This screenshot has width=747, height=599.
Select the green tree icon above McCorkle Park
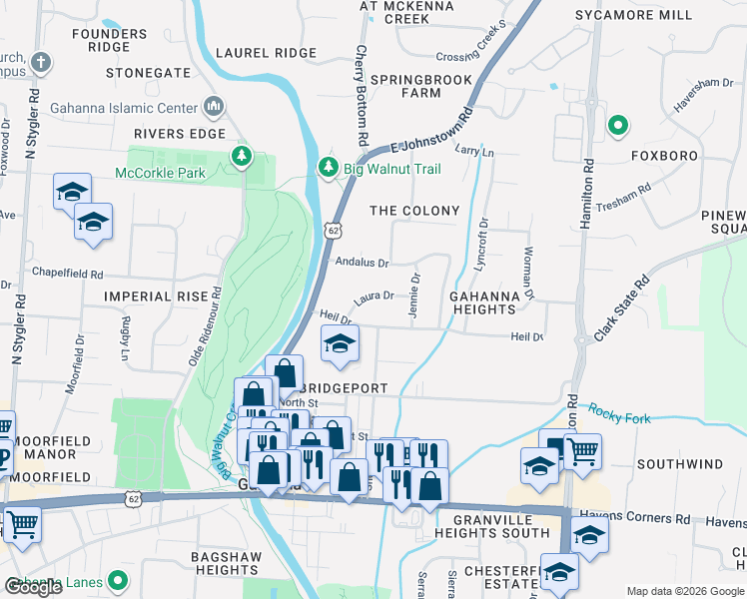tap(241, 156)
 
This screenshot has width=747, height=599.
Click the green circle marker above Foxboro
tap(618, 126)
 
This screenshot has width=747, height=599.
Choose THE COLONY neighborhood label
tap(414, 211)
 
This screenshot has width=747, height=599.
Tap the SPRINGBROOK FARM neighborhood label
tap(405, 85)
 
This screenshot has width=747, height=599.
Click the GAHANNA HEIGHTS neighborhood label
tap(481, 302)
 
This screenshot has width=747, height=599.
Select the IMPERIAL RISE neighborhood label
tap(155, 297)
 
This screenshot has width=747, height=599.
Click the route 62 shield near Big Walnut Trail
tap(331, 230)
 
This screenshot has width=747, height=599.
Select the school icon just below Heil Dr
tap(340, 344)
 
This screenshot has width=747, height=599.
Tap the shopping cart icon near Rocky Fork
tap(582, 450)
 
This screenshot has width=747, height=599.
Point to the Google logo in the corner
tap(33, 587)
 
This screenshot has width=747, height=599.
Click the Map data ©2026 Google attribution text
tap(684, 591)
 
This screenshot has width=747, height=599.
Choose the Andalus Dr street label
tap(362, 263)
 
